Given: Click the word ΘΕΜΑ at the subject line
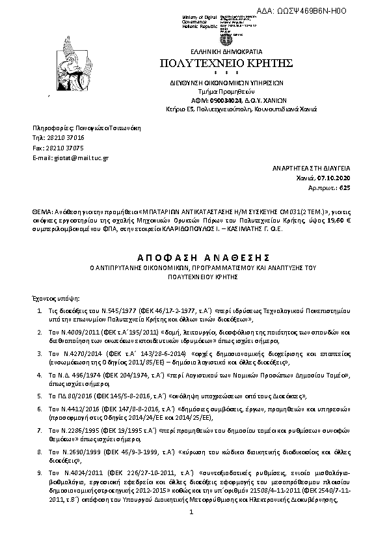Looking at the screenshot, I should (40, 212).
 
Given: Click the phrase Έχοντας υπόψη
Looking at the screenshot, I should (51, 296).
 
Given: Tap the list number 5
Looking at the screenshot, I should (40, 395).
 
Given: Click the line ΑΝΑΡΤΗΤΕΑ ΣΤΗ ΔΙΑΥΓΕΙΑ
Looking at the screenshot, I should (312, 167).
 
